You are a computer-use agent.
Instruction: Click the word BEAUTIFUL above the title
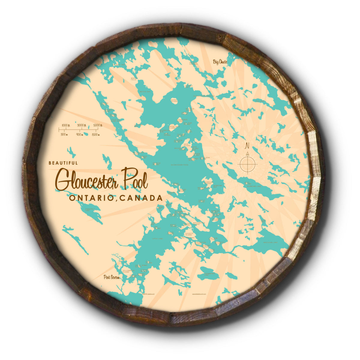(63, 163)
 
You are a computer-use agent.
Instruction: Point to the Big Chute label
(220, 62)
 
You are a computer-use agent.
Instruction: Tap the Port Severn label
(111, 277)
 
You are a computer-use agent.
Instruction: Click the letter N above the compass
(247, 146)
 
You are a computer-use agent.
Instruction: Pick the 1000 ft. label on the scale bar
(66, 125)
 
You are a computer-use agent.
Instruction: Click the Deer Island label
(187, 145)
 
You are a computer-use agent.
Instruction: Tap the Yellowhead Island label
(127, 271)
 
